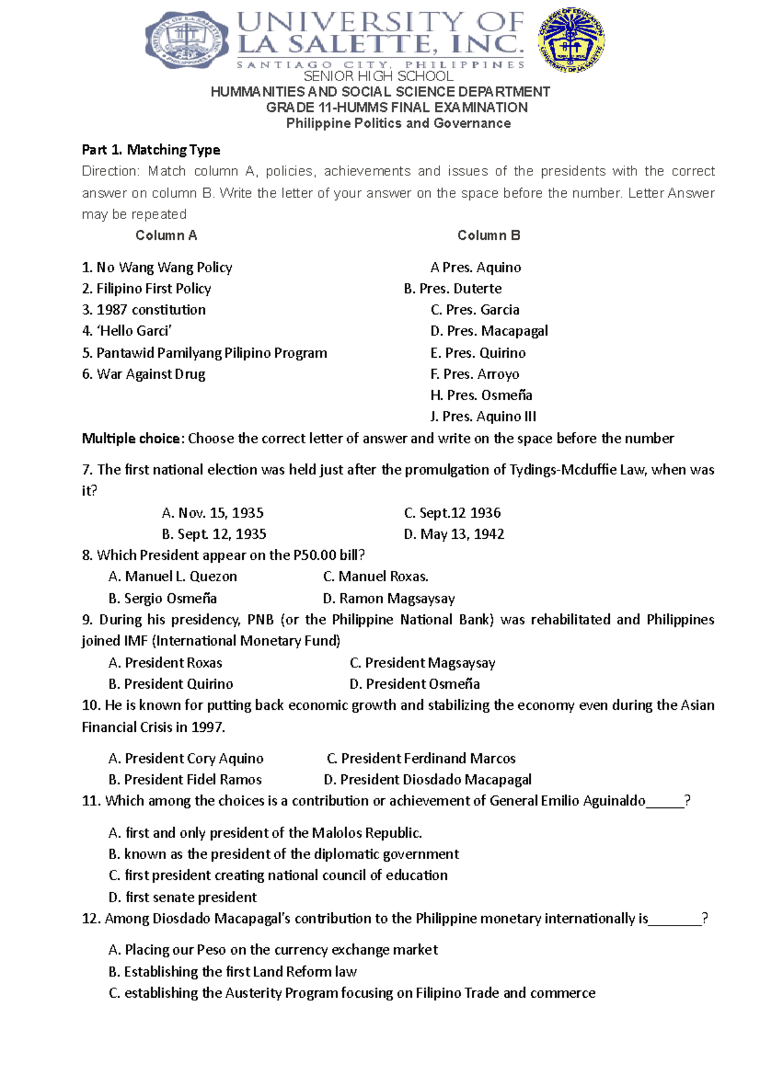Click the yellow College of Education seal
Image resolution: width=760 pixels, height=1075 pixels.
tap(571, 41)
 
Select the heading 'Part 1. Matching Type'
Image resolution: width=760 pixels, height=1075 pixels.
tap(151, 150)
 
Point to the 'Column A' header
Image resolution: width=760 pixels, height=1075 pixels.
tap(166, 236)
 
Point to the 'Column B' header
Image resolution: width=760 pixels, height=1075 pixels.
tap(488, 236)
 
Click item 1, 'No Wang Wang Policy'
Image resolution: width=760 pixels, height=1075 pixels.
tap(157, 268)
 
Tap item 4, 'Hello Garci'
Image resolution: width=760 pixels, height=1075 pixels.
tap(127, 331)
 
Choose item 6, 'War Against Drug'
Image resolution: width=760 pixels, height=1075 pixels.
tap(144, 374)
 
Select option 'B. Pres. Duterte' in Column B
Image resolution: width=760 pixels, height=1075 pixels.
tap(453, 289)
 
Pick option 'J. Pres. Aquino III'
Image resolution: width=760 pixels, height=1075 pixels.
tap(483, 417)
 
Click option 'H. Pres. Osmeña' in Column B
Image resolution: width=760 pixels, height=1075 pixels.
tap(481, 396)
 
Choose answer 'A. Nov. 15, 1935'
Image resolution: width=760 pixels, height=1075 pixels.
tap(213, 513)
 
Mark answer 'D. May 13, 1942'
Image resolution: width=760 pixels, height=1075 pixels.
tap(454, 534)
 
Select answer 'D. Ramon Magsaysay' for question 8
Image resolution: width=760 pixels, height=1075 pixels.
tap(389, 599)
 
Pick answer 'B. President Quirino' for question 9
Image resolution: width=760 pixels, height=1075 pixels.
tap(171, 684)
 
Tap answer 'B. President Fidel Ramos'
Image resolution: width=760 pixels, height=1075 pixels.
tap(185, 780)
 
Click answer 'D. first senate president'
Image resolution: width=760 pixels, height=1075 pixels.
tap(182, 898)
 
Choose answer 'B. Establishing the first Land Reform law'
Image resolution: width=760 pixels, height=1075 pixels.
tap(232, 972)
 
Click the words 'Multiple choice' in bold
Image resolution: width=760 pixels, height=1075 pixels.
tap(133, 439)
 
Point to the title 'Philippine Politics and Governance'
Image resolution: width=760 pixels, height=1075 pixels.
tap(398, 123)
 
